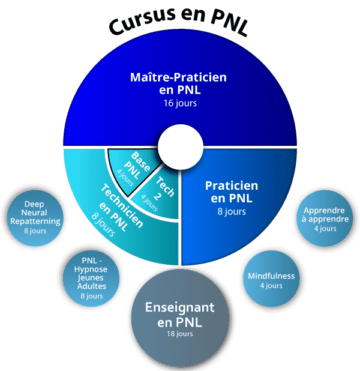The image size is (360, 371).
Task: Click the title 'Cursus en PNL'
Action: [179, 21]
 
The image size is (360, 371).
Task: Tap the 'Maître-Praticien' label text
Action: [178, 77]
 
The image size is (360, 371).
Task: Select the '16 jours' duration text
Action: [180, 103]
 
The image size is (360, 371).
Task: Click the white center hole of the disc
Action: [180, 147]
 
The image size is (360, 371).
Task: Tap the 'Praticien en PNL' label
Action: [232, 192]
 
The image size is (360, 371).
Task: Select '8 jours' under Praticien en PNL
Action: [232, 211]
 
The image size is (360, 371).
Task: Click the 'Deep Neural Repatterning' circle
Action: [35, 218]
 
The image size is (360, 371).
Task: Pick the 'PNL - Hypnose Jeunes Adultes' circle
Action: [91, 279]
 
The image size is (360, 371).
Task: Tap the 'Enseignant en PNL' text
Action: [180, 315]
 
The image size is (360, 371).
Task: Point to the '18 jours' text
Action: [180, 334]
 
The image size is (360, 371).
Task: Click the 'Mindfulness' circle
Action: [271, 279]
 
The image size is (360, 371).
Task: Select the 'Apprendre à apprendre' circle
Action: [325, 218]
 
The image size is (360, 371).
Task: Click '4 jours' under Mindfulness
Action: [271, 286]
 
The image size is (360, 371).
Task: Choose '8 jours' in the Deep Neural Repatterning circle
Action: [35, 231]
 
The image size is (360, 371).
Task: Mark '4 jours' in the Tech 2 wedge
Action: [149, 203]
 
